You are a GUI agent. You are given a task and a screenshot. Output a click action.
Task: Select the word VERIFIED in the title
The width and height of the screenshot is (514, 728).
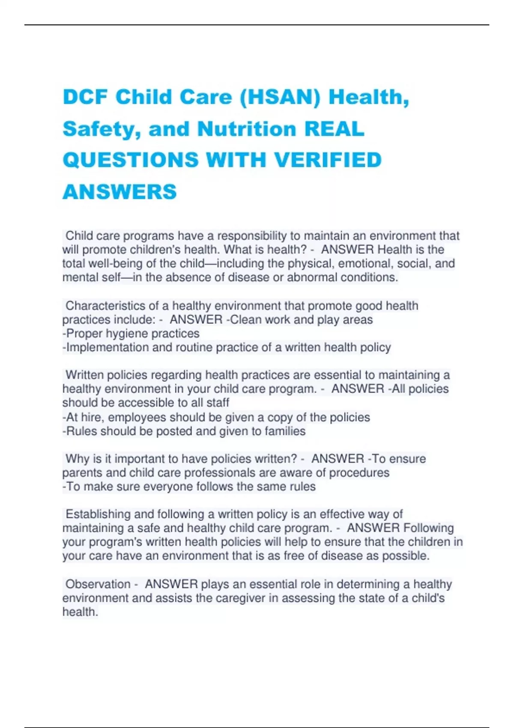click(328, 160)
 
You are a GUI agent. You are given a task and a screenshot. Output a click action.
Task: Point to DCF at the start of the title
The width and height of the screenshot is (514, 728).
click(85, 97)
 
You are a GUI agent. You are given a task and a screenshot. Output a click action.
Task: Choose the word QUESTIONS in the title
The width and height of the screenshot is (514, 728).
click(131, 160)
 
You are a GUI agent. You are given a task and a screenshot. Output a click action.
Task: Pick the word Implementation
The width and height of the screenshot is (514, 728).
click(108, 347)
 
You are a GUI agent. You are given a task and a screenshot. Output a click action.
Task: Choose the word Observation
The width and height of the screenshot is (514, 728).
click(98, 584)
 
